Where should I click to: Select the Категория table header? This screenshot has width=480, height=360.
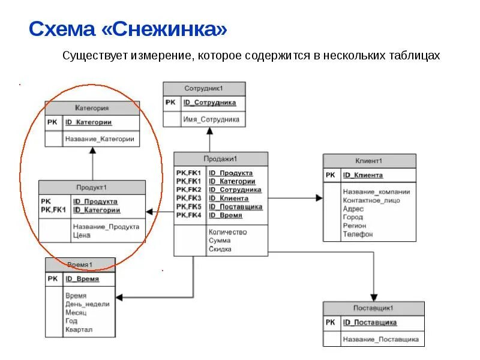pyautogui.click(x=92, y=109)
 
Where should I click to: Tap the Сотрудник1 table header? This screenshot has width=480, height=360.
pyautogui.click(x=204, y=89)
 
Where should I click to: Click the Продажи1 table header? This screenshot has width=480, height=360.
pyautogui.click(x=221, y=159)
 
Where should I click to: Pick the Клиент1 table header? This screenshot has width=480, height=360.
pyautogui.click(x=369, y=161)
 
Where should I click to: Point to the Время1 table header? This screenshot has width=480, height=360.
pyautogui.click(x=80, y=265)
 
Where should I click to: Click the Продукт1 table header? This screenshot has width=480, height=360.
pyautogui.click(x=92, y=187)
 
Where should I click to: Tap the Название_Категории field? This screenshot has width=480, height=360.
pyautogui.click(x=100, y=139)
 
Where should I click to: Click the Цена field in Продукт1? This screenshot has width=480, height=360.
pyautogui.click(x=82, y=236)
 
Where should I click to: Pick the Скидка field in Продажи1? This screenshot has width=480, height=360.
pyautogui.click(x=220, y=249)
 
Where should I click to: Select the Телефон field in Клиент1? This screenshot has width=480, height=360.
pyautogui.click(x=358, y=234)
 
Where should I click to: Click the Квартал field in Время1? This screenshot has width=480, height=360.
pyautogui.click(x=79, y=329)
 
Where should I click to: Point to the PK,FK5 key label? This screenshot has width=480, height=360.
pyautogui.click(x=188, y=206)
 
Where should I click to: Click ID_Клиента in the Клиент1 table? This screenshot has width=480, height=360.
pyautogui.click(x=362, y=175)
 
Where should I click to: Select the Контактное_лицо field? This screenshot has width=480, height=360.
pyautogui.click(x=371, y=200)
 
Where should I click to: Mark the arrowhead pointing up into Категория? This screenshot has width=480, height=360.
pyautogui.click(x=92, y=152)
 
